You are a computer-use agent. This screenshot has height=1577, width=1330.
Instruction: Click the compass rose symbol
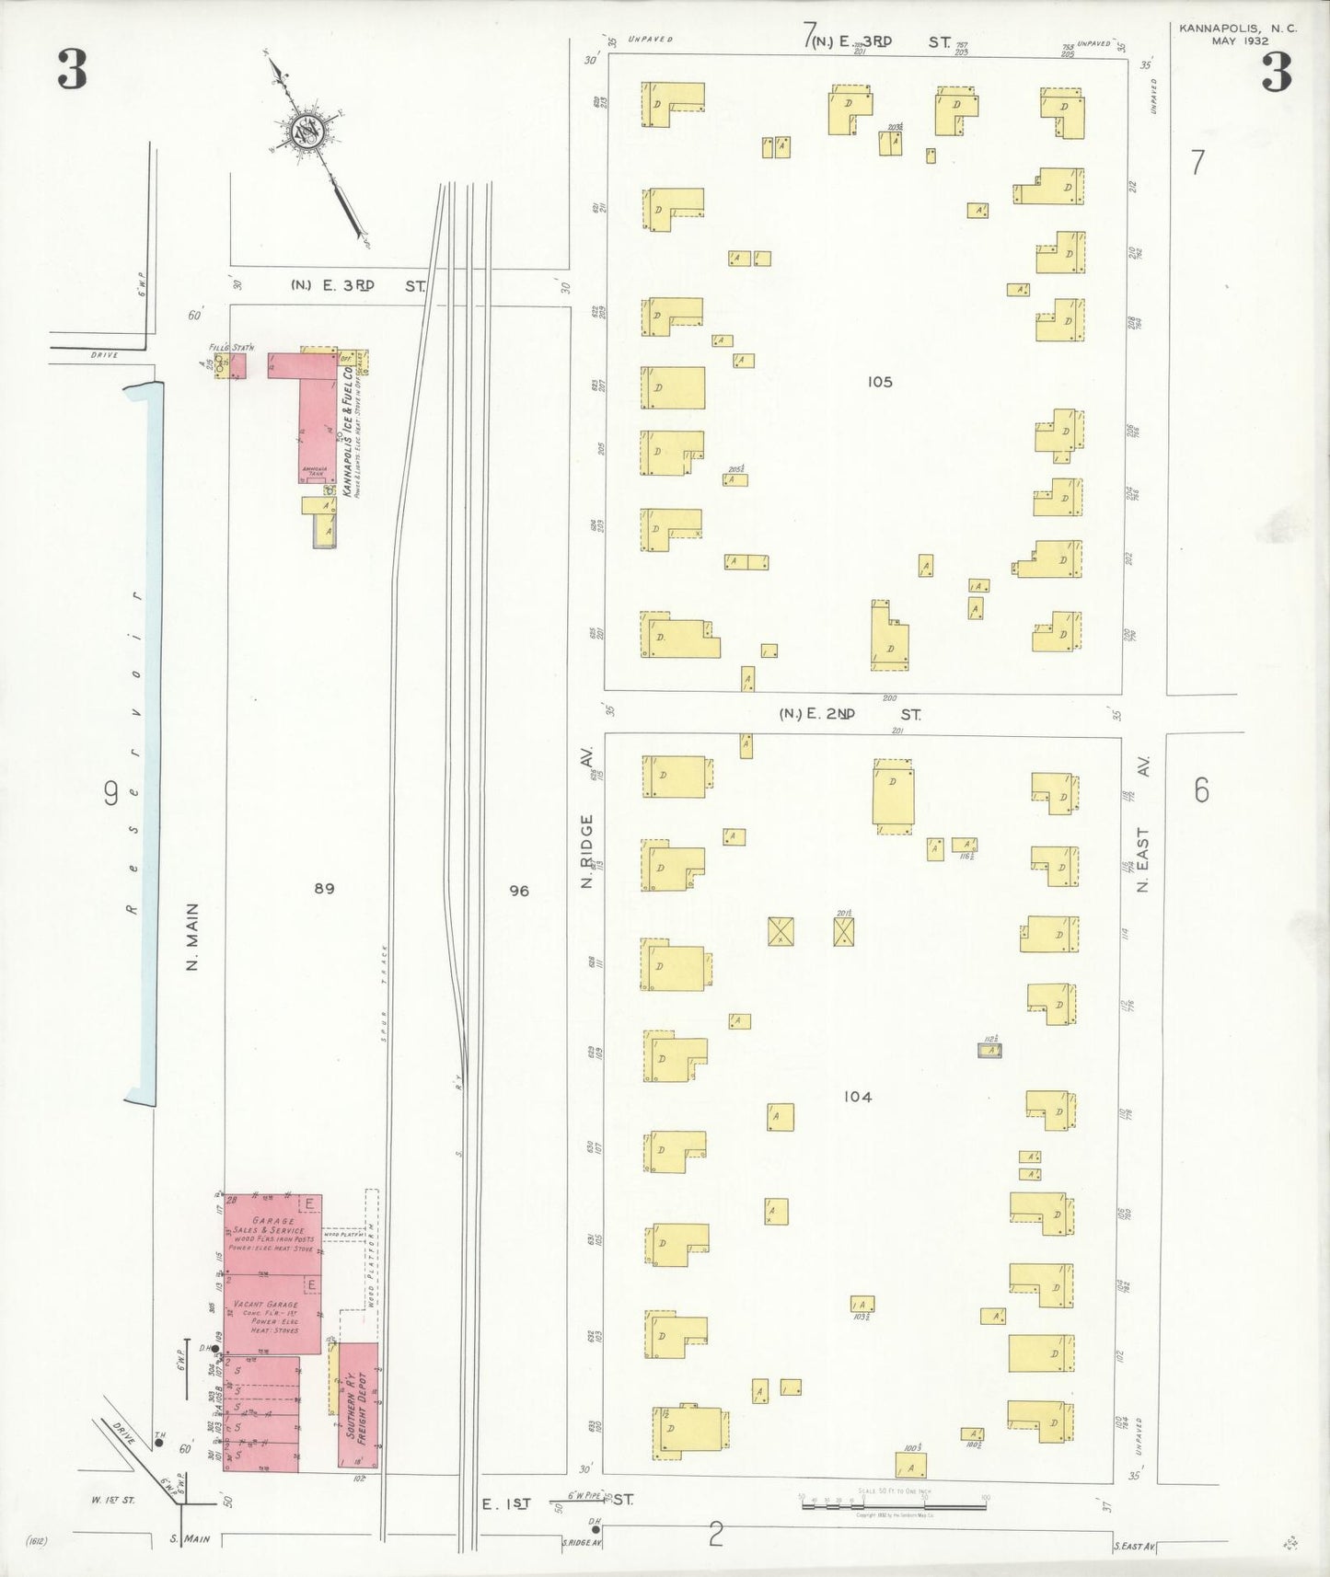point(306,132)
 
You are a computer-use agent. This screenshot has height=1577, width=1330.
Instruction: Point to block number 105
point(879,382)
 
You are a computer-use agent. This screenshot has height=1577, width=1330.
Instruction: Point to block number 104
point(857,1097)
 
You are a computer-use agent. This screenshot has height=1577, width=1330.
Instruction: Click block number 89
point(324,889)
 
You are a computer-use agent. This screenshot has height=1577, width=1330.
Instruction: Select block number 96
point(519,891)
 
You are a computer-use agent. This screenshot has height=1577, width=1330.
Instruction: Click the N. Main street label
point(192,936)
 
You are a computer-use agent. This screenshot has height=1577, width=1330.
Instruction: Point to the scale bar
point(893,1506)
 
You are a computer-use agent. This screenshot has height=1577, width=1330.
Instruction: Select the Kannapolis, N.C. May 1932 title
point(1238,34)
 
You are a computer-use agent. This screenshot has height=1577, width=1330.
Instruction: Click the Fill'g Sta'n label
point(231,347)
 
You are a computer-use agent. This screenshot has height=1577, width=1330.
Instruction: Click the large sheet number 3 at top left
point(72,70)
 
